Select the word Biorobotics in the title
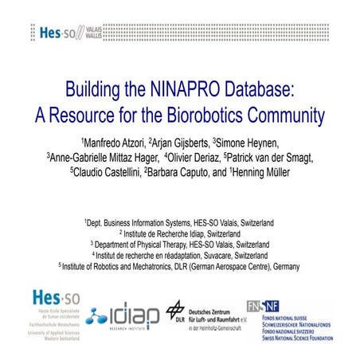205,114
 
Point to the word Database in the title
250,88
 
